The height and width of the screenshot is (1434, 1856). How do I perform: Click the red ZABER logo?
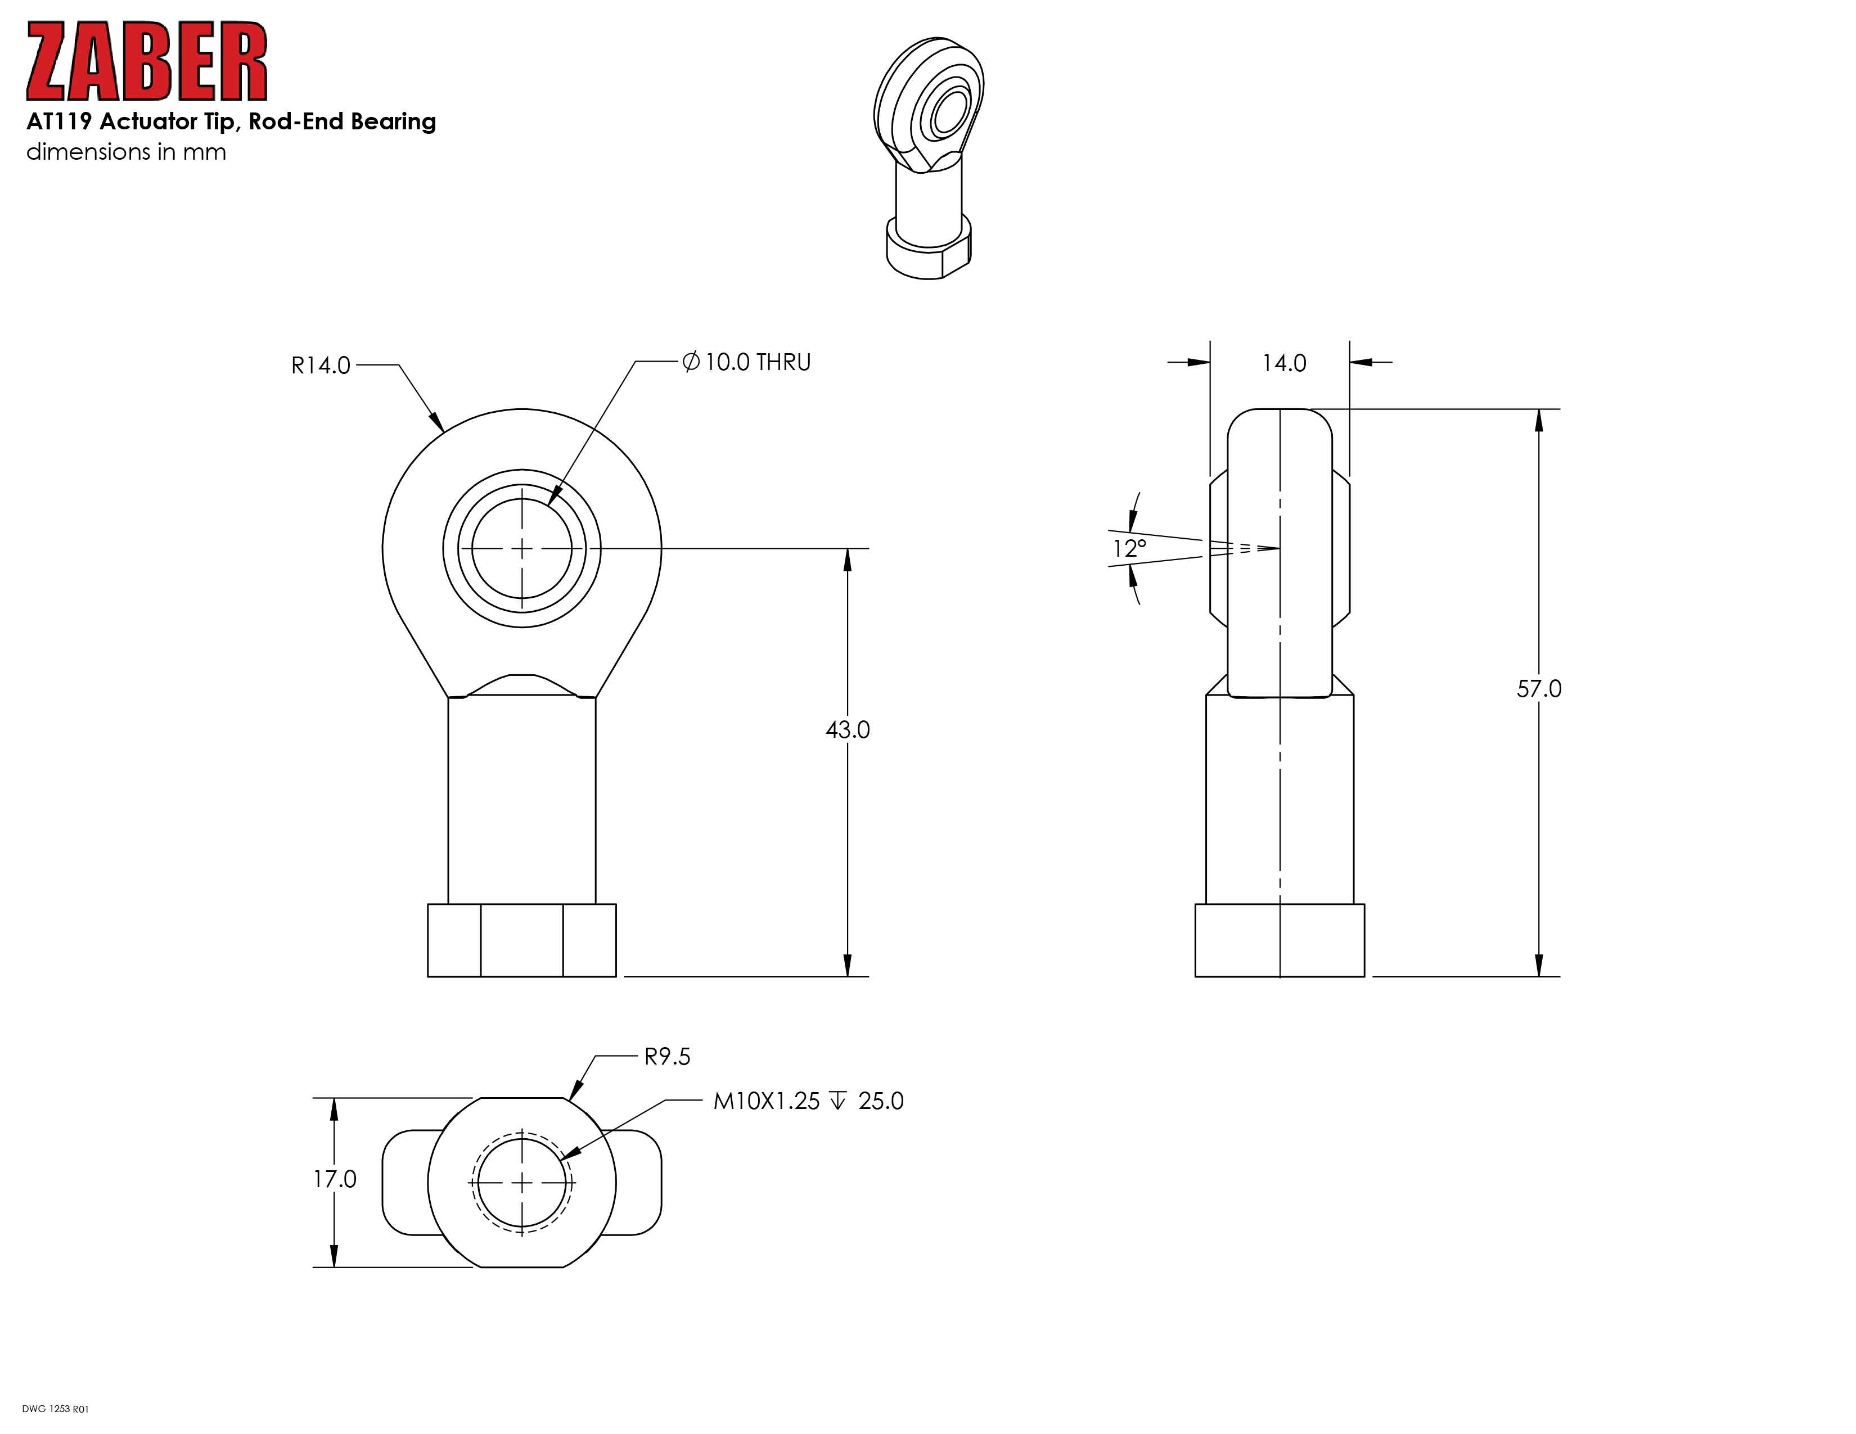147,61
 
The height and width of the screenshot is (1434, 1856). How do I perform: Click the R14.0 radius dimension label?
321,366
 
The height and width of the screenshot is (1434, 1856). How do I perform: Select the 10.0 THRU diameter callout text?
747,362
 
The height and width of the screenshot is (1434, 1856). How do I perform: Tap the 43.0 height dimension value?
847,730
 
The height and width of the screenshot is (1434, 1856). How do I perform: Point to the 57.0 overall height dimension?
1539,689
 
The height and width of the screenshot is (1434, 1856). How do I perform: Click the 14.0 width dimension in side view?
1284,364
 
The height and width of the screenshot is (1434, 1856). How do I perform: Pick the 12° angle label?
1129,548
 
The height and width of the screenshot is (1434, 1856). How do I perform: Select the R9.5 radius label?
667,1057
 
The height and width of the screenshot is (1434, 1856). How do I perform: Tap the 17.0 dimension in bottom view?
335,1179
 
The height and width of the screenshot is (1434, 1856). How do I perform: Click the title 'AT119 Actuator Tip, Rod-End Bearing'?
231,121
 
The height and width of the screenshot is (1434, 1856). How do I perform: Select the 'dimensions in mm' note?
127,152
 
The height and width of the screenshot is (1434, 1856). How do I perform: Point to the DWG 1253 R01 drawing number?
55,1409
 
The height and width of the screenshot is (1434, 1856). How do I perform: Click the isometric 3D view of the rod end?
929,158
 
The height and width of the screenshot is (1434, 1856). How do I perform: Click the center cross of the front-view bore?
522,549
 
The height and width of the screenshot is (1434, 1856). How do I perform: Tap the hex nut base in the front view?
522,940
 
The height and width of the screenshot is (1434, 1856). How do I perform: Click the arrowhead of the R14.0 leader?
437,422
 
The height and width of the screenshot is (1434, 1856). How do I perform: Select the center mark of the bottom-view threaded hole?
522,1183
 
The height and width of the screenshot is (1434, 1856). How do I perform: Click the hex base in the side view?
1280,940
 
